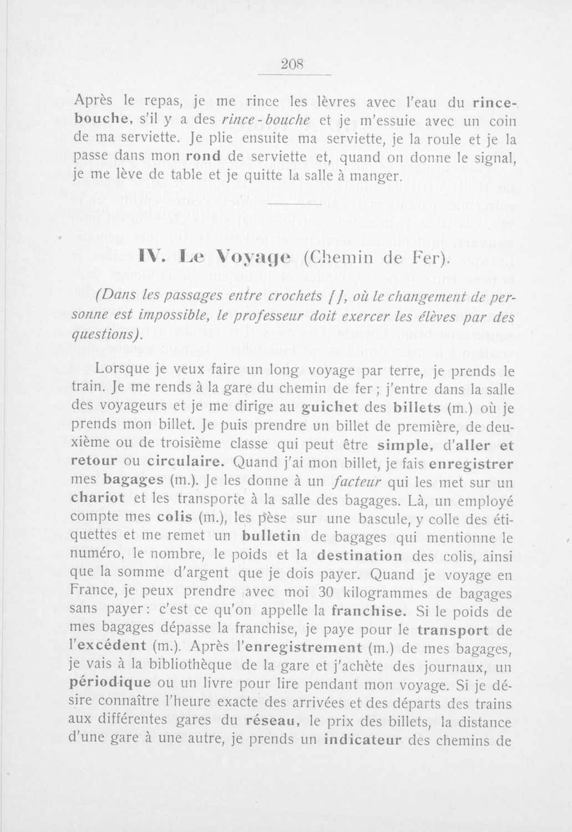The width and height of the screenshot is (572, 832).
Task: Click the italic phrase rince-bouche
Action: pyautogui.click(x=265, y=120)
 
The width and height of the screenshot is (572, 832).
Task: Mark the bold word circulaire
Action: pyautogui.click(x=187, y=461)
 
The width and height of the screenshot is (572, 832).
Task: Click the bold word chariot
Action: pyautogui.click(x=98, y=498)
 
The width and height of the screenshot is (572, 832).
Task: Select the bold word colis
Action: pyautogui.click(x=175, y=517)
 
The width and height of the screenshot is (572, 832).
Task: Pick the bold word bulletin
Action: pyautogui.click(x=272, y=536)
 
